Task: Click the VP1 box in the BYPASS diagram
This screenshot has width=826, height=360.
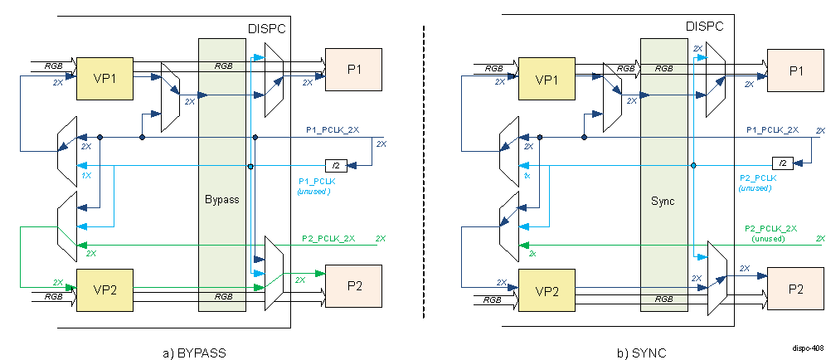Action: click(x=104, y=80)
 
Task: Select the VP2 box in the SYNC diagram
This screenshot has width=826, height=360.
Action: click(x=546, y=290)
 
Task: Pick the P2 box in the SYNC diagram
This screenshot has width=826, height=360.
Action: click(x=795, y=289)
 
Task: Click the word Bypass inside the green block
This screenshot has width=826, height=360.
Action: click(x=221, y=200)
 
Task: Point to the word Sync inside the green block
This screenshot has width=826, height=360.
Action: click(x=663, y=200)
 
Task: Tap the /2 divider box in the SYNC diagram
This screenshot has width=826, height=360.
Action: click(x=781, y=163)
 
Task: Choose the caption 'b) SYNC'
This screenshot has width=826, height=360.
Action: click(x=641, y=353)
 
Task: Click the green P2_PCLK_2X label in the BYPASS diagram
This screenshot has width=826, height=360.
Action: click(x=328, y=239)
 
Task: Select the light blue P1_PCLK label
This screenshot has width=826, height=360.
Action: click(x=314, y=182)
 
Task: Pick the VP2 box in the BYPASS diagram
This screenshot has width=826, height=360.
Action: click(x=104, y=290)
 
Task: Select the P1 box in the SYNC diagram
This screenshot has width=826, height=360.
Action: click(x=795, y=71)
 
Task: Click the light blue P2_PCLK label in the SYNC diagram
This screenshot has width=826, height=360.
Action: click(x=757, y=178)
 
